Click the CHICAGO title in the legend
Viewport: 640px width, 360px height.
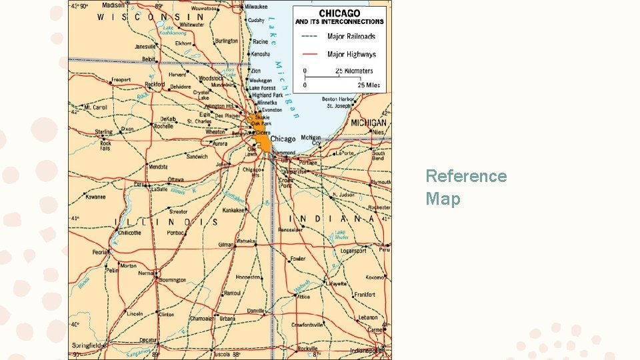point(339,13)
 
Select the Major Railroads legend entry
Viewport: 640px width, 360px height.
point(351,37)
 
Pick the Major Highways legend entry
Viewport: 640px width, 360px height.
point(351,55)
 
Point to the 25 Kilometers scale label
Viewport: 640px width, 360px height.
point(354,71)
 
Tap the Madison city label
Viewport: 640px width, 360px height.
point(113,5)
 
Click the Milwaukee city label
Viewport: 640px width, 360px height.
point(256,6)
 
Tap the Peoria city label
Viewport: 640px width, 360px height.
point(101,253)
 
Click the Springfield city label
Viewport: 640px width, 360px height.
point(87,345)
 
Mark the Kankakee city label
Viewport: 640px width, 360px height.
point(235,210)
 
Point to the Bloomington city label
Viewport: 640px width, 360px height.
point(173,280)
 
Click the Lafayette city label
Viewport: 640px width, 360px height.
point(335,283)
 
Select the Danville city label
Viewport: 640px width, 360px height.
point(255,311)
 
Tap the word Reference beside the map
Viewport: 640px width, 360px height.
point(466,177)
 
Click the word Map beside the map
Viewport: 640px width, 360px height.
point(443,199)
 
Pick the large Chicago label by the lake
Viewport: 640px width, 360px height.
point(283,139)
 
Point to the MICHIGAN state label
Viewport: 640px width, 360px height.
point(369,123)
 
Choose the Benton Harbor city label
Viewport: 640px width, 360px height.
point(337,99)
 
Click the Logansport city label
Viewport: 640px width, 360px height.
point(353,251)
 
